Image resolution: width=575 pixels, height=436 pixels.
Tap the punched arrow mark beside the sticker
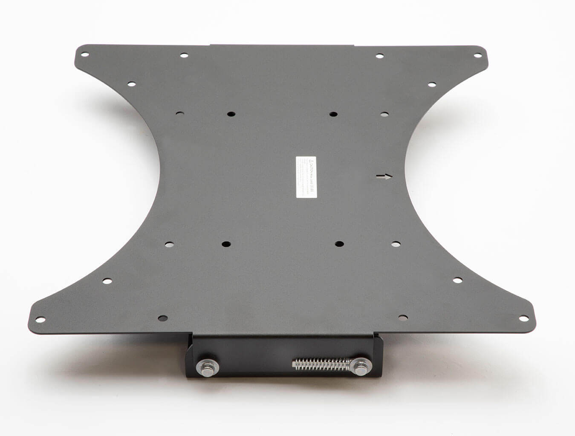pyautogui.click(x=384, y=177)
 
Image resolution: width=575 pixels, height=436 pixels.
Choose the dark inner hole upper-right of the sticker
pyautogui.click(x=333, y=114)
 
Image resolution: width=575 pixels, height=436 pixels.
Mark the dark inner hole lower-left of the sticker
pyautogui.click(x=225, y=244)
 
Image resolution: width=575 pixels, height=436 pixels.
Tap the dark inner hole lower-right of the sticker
pyautogui.click(x=339, y=244)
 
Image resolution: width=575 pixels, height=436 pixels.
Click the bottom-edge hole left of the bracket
pyautogui.click(x=162, y=318)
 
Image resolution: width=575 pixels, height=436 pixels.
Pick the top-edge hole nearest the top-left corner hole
pyautogui.click(x=184, y=55)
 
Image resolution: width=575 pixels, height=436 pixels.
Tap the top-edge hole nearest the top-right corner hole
pyautogui.click(x=379, y=55)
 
